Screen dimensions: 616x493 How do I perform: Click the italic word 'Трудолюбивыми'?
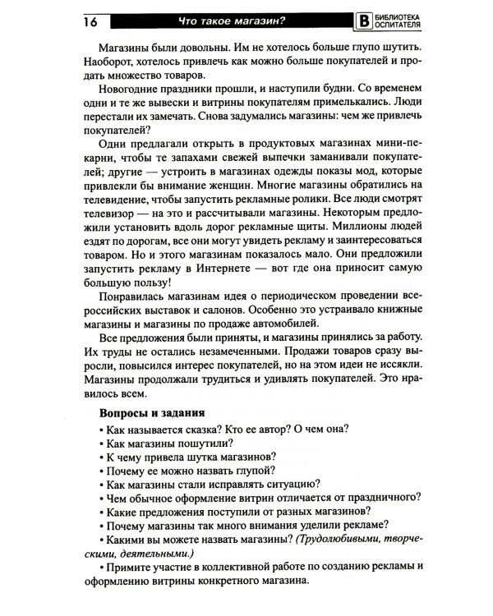click(x=345, y=541)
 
